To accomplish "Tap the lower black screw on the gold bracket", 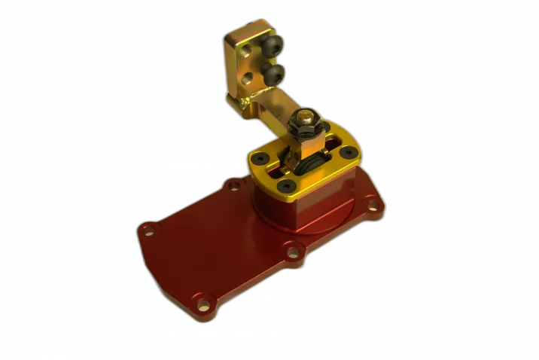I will [x=275, y=72].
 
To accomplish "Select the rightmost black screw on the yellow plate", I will [x=347, y=153].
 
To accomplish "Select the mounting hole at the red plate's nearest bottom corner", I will [x=203, y=304].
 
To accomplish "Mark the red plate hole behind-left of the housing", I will [x=233, y=185].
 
